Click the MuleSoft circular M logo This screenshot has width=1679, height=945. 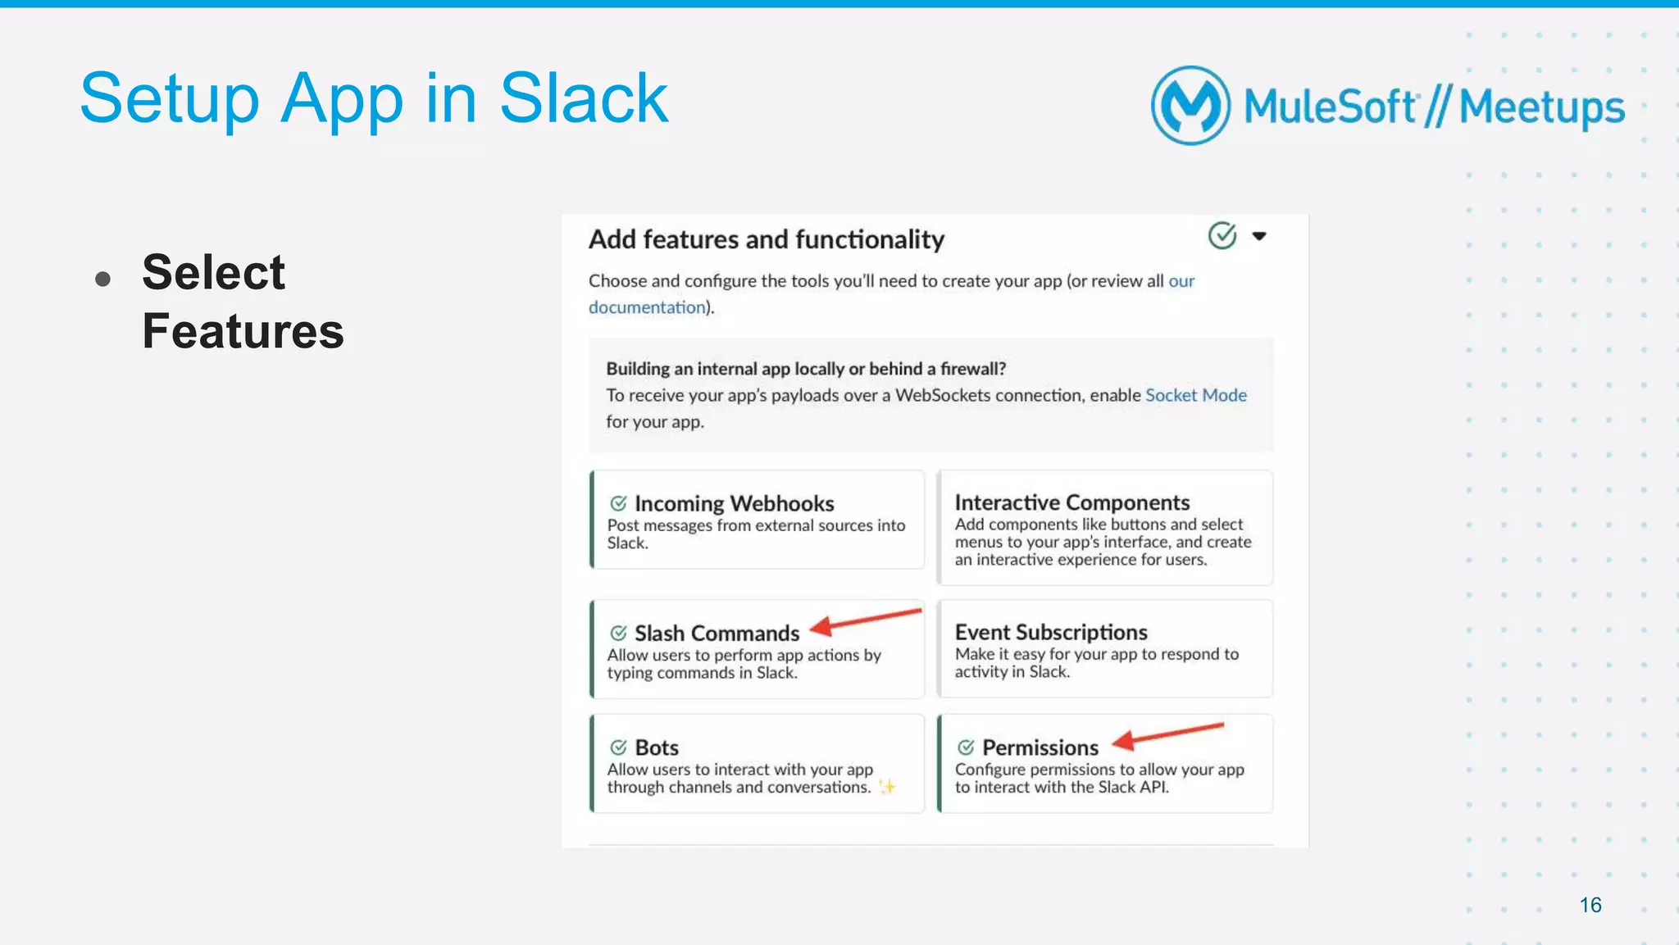point(1190,106)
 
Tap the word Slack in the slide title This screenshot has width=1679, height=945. point(584,99)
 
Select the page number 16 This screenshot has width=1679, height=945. point(1590,905)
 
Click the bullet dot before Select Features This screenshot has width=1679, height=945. point(102,279)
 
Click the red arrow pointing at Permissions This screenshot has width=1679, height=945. point(1167,734)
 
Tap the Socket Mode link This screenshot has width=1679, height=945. point(1195,395)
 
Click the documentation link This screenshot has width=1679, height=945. point(647,307)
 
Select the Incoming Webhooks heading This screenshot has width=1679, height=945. point(734,503)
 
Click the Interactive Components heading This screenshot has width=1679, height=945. point(1072,502)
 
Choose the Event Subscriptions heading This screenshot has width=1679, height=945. point(1050,632)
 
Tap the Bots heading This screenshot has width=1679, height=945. point(657,747)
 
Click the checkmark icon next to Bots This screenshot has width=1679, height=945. point(618,747)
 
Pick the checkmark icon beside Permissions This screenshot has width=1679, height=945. point(966,747)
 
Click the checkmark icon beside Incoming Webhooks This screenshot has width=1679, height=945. point(618,503)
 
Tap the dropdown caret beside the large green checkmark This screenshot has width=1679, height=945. point(1259,236)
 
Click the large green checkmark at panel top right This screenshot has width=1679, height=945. point(1222,235)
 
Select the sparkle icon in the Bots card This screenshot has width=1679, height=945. point(886,787)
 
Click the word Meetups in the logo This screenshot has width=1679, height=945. point(1541,107)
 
